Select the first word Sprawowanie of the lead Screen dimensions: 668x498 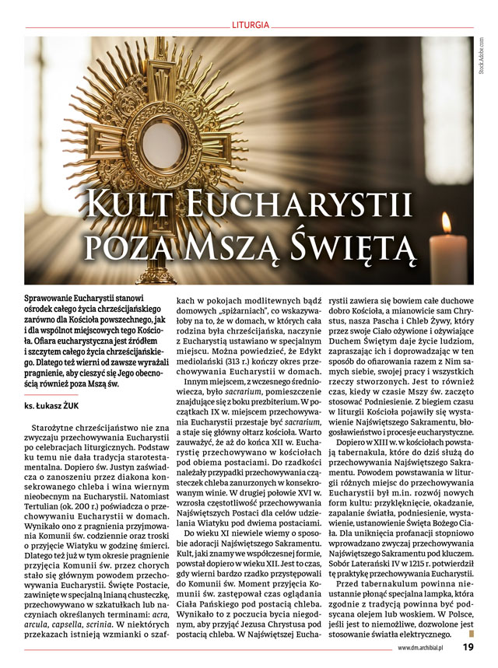pos(51,298)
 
